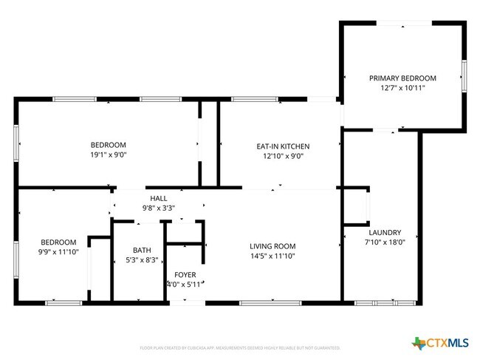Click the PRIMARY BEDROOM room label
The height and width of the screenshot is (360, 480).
click(x=402, y=78)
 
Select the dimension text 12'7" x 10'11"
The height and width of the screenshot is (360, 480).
click(x=402, y=88)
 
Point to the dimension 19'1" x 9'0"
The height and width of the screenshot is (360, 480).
click(x=108, y=155)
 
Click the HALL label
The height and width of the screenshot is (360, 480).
click(x=159, y=198)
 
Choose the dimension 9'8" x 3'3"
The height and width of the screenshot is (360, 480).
click(x=159, y=208)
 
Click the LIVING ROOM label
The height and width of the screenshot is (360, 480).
click(x=272, y=246)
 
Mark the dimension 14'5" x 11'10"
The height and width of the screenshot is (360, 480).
click(x=272, y=257)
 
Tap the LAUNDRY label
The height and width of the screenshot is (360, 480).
click(x=384, y=231)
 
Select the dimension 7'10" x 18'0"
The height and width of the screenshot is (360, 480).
click(x=384, y=242)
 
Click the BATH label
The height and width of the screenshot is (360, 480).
click(x=142, y=250)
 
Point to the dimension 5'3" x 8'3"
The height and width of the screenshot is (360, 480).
click(x=142, y=260)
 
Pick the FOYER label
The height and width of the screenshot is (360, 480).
click(x=185, y=274)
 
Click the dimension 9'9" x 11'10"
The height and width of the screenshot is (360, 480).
click(x=58, y=252)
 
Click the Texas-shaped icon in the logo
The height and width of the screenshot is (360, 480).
click(x=419, y=342)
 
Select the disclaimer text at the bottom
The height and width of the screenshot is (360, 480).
click(x=239, y=347)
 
